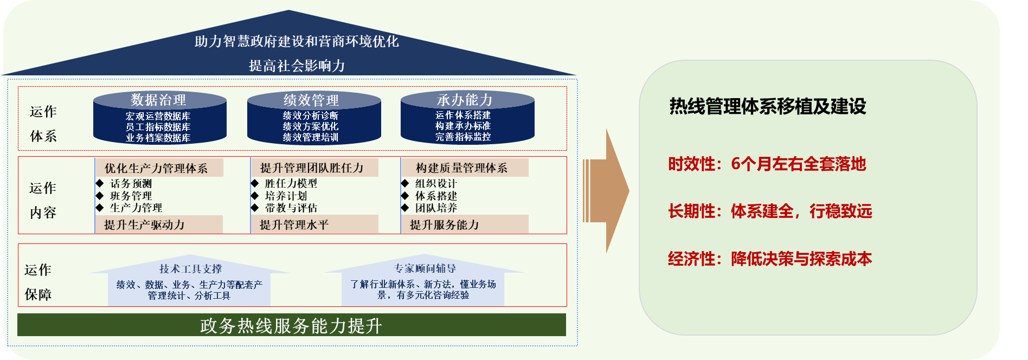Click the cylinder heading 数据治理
158,100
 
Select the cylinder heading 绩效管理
311,100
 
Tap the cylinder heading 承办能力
465,100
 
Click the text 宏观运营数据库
158,116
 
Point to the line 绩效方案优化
311,126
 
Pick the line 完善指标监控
463,137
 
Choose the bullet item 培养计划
286,196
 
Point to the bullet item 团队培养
436,208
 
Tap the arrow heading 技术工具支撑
190,269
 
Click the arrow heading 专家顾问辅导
425,268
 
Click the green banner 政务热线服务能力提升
292,325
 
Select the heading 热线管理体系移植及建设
768,106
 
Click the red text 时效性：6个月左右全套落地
767,164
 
